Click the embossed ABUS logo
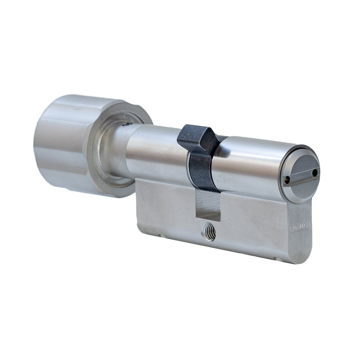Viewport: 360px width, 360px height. (300, 227)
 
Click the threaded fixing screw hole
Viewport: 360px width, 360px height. (208, 233)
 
